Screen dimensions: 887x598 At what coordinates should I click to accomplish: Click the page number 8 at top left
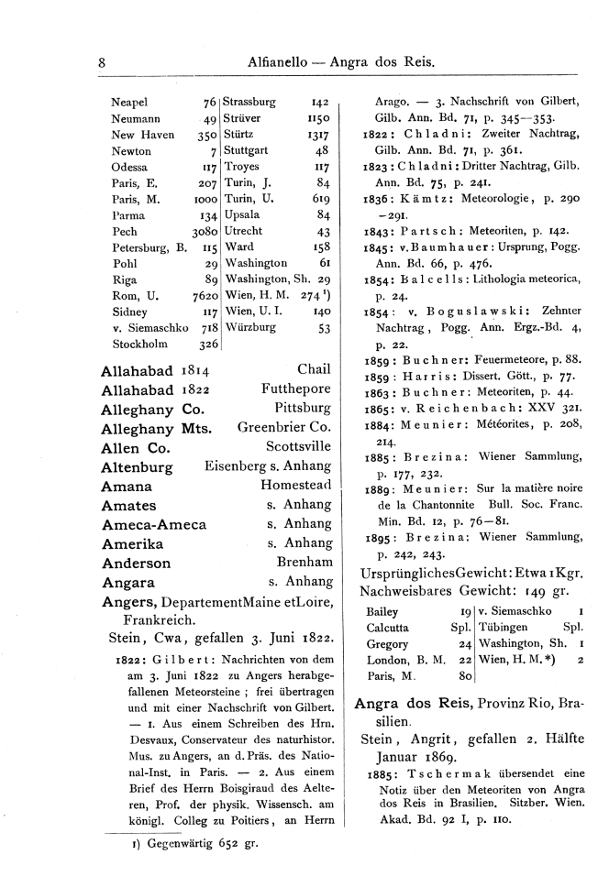click(x=103, y=63)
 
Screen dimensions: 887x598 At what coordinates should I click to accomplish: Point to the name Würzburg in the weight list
click(x=252, y=328)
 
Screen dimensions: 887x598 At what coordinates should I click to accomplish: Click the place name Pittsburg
click(x=302, y=404)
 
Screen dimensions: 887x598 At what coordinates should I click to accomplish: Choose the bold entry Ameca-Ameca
click(x=153, y=526)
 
